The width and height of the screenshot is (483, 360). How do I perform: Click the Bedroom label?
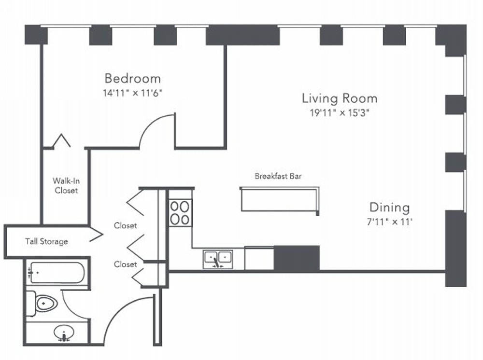pyautogui.click(x=132, y=79)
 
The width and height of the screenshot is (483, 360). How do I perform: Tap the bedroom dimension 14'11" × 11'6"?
pyautogui.click(x=132, y=93)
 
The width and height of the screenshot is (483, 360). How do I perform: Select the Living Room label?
pyautogui.click(x=340, y=98)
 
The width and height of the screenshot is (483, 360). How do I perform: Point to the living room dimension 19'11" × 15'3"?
pyautogui.click(x=340, y=113)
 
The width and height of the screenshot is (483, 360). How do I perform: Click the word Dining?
pyautogui.click(x=390, y=208)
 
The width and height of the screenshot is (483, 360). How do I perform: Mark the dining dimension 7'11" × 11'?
pyautogui.click(x=390, y=222)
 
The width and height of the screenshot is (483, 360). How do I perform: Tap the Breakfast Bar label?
pyautogui.click(x=278, y=176)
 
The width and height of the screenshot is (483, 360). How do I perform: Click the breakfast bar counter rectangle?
pyautogui.click(x=279, y=200)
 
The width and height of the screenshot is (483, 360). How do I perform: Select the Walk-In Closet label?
pyautogui.click(x=66, y=185)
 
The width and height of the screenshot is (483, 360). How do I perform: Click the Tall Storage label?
pyautogui.click(x=46, y=242)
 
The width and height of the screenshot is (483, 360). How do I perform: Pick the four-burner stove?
pyautogui.click(x=180, y=213)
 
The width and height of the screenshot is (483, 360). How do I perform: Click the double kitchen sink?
pyautogui.click(x=218, y=259)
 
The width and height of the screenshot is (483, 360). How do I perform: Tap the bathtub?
pyautogui.click(x=57, y=273)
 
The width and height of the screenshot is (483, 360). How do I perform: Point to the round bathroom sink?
pyautogui.click(x=64, y=333)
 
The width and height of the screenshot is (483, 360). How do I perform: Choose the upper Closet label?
pyautogui.click(x=126, y=226)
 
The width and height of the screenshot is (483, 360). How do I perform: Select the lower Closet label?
pyautogui.click(x=126, y=264)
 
